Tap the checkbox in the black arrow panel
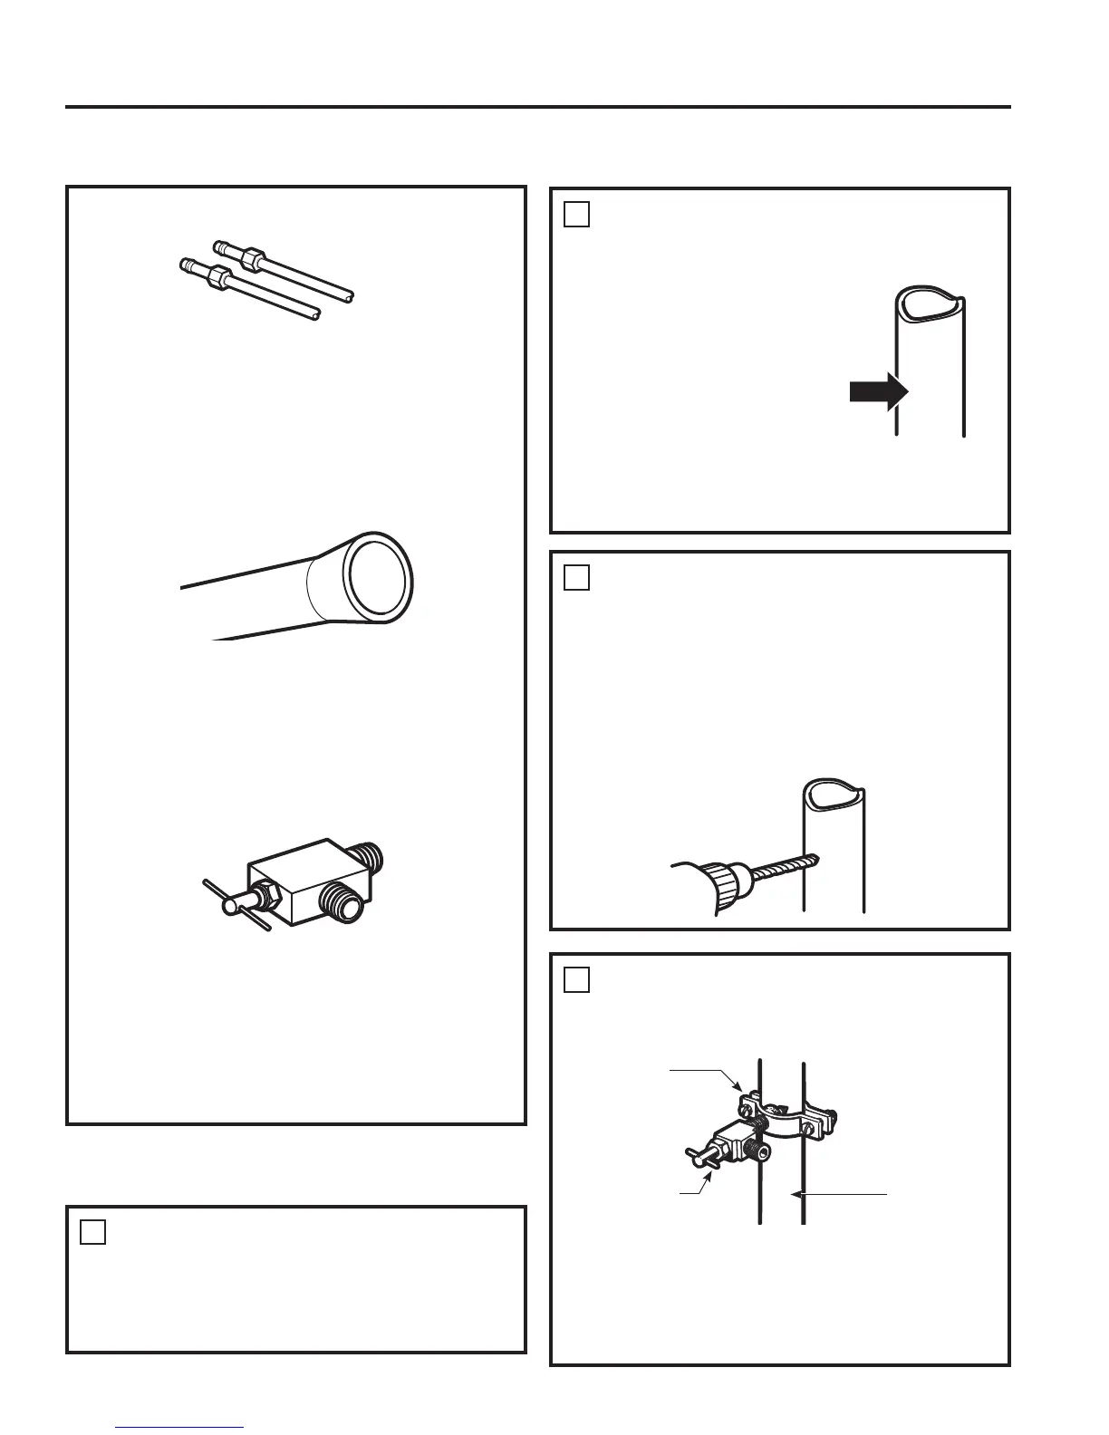pos(576,214)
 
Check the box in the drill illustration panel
pos(576,577)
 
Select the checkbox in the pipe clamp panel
pos(576,979)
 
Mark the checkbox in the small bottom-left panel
pos(92,1232)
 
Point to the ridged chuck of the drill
pos(727,881)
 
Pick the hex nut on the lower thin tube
pos(219,274)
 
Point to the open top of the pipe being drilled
pos(834,794)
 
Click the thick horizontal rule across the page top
pos(538,107)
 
